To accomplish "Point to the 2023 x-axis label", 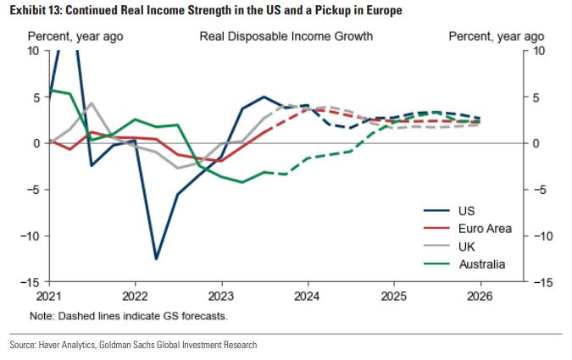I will pyautogui.click(x=221, y=297).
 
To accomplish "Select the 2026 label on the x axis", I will pyautogui.click(x=480, y=297).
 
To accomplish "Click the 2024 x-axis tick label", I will pyautogui.click(x=308, y=297).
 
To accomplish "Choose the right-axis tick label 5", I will pyautogui.click(x=537, y=97).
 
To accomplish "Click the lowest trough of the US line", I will pyautogui.click(x=157, y=258).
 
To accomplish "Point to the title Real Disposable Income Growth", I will pyautogui.click(x=286, y=37).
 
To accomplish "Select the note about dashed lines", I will pyautogui.click(x=128, y=316).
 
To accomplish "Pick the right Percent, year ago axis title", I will pyautogui.click(x=496, y=37).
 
